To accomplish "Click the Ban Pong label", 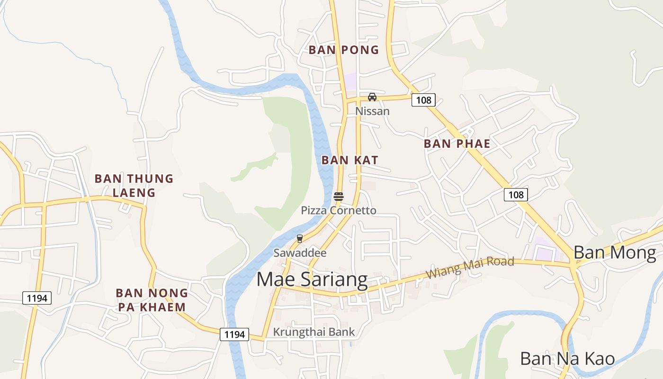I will [x=344, y=50].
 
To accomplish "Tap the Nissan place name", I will [x=372, y=111].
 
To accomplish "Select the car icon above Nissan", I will [x=372, y=97].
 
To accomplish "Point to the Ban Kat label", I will [x=350, y=160].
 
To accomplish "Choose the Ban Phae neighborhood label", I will [x=457, y=144].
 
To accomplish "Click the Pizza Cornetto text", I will [x=339, y=210].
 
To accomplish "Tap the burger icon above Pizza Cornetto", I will [x=338, y=197].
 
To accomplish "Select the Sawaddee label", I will [x=300, y=253].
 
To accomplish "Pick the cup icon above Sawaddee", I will [x=299, y=238].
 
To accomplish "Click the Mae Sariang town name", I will [x=312, y=280].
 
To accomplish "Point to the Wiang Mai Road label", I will [x=469, y=268].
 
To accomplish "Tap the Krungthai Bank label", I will [x=314, y=332].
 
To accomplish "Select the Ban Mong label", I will [x=615, y=253].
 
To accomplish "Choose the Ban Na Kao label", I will [x=567, y=359].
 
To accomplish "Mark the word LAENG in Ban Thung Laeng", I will [x=134, y=193].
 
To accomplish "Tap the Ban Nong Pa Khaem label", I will [x=152, y=300].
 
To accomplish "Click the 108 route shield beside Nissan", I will [x=423, y=100].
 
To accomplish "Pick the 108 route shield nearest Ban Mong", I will [x=515, y=195].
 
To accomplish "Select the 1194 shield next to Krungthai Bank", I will [x=234, y=334].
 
